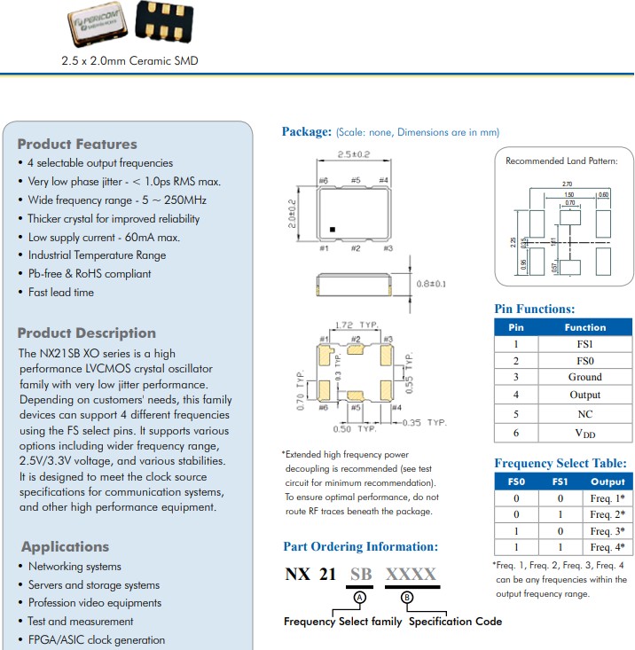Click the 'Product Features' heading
point(77,144)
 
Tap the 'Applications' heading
point(65,546)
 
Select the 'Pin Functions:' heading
point(534,309)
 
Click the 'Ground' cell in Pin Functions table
point(584,377)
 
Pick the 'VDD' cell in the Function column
point(584,434)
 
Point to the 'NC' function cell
point(584,414)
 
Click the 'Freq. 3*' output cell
point(608,530)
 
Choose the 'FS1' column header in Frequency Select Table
point(560,482)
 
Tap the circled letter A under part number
point(360,597)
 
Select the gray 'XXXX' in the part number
point(411,574)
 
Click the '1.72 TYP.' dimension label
point(356,325)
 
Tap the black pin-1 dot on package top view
point(332,229)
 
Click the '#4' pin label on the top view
point(383,181)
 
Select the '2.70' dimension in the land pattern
point(568,184)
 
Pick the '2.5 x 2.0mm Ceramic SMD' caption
point(129,60)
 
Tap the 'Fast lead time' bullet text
point(60,292)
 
